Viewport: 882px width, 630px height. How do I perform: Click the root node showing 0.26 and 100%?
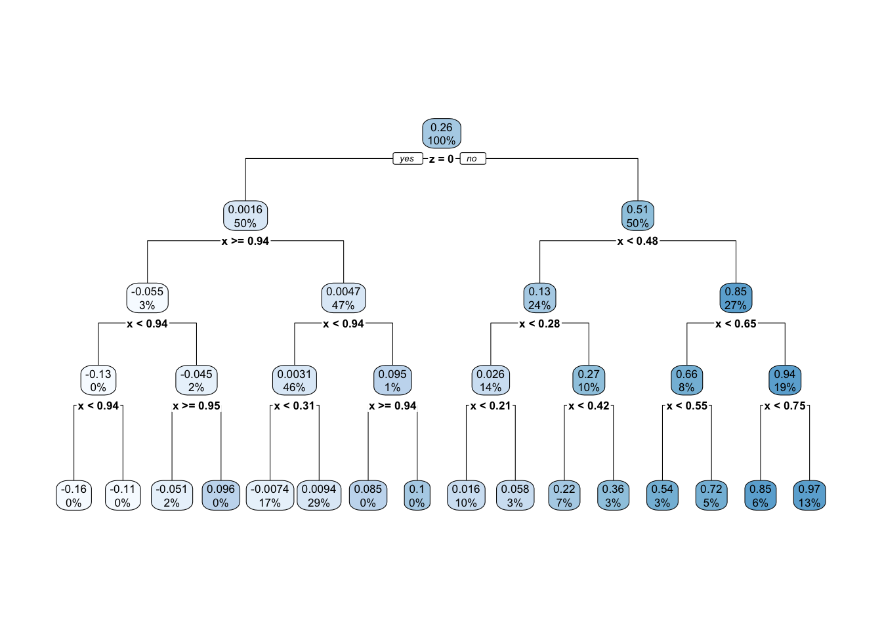pyautogui.click(x=442, y=134)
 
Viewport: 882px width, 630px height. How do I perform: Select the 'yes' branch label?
pyautogui.click(x=407, y=159)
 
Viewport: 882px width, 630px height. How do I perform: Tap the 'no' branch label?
pyautogui.click(x=472, y=159)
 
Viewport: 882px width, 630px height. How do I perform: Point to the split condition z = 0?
pyautogui.click(x=441, y=159)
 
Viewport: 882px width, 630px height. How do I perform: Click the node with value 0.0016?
pyautogui.click(x=245, y=216)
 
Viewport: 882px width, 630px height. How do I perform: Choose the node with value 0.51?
pyautogui.click(x=637, y=216)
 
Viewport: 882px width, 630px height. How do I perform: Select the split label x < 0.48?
pyautogui.click(x=637, y=241)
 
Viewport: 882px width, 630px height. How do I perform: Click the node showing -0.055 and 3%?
pyautogui.click(x=147, y=298)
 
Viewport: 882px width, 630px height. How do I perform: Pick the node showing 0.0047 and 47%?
pyautogui.click(x=343, y=298)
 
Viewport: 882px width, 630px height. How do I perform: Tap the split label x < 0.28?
pyautogui.click(x=539, y=324)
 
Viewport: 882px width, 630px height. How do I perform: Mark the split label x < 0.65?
pyautogui.click(x=736, y=324)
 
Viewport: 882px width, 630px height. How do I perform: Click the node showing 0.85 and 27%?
pyautogui.click(x=736, y=298)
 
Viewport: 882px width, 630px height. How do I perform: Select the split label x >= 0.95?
pyautogui.click(x=196, y=406)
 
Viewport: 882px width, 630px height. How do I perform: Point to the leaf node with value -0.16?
pyautogui.click(x=73, y=495)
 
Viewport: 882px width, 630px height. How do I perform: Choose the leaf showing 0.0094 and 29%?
pyautogui.click(x=319, y=495)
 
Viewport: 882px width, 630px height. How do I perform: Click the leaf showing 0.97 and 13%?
pyautogui.click(x=809, y=495)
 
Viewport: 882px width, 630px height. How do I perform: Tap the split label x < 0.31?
pyautogui.click(x=294, y=406)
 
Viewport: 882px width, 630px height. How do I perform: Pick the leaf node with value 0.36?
pyautogui.click(x=613, y=495)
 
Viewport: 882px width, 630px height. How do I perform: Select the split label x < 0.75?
pyautogui.click(x=785, y=406)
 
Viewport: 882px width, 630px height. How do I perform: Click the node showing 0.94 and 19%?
pyautogui.click(x=785, y=380)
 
